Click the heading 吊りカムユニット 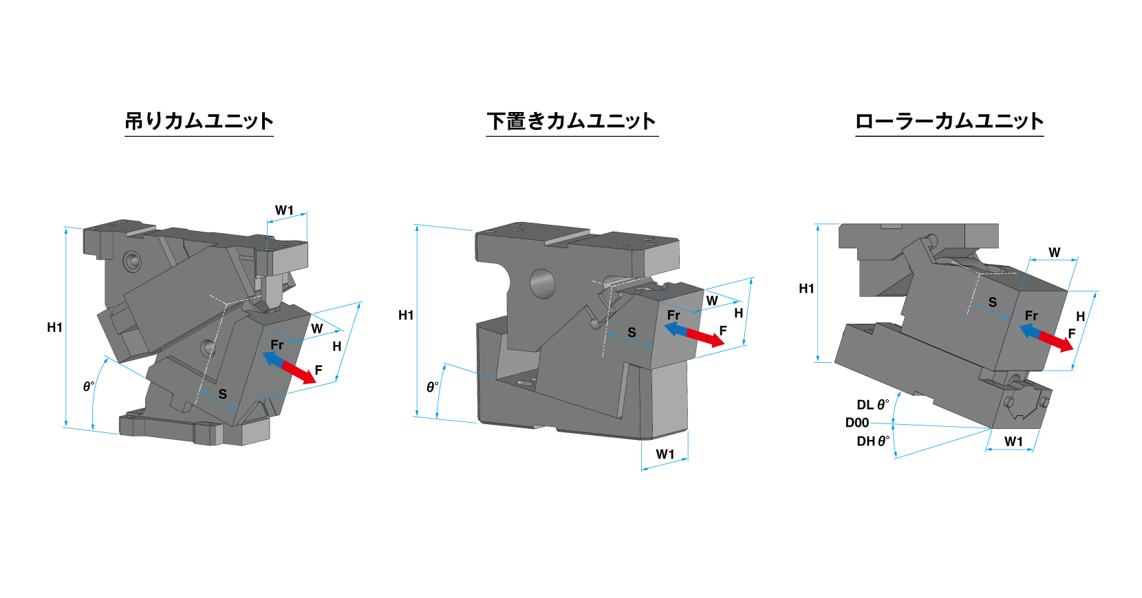pyautogui.click(x=199, y=121)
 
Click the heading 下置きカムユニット pyautogui.click(x=571, y=121)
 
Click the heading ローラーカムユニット pyautogui.click(x=949, y=121)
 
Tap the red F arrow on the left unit pyautogui.click(x=300, y=373)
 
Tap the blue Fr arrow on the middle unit pyautogui.click(x=675, y=330)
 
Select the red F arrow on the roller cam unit pyautogui.click(x=1057, y=342)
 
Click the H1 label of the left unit pyautogui.click(x=54, y=327)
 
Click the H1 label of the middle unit pyautogui.click(x=406, y=315)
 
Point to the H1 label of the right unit pyautogui.click(x=806, y=289)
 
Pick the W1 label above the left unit pyautogui.click(x=284, y=210)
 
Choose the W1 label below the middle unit pyautogui.click(x=665, y=454)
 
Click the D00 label pyautogui.click(x=857, y=423)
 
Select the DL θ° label pyautogui.click(x=872, y=405)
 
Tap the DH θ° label pyautogui.click(x=872, y=441)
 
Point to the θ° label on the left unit pyautogui.click(x=88, y=386)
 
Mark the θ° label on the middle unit pyautogui.click(x=432, y=387)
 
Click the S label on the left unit pyautogui.click(x=222, y=394)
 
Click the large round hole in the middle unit pyautogui.click(x=542, y=283)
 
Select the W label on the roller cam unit pyautogui.click(x=1054, y=252)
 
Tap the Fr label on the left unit pyautogui.click(x=277, y=344)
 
